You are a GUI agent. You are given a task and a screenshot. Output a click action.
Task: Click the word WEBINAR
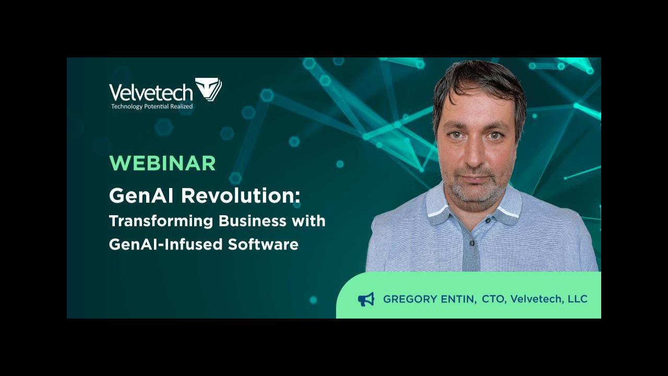pyautogui.click(x=162, y=163)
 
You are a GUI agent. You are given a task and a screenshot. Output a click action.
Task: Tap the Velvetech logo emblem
pyautogui.click(x=208, y=89)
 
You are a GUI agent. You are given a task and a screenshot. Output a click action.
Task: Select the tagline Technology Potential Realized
pyautogui.click(x=152, y=107)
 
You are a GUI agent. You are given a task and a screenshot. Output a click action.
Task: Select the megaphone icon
pyautogui.click(x=366, y=299)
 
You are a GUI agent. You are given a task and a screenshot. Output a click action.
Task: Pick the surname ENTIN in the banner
pyautogui.click(x=459, y=299)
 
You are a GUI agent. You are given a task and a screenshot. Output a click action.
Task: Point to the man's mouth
pyautogui.click(x=476, y=177)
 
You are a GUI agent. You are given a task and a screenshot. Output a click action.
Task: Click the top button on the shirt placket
pyautogui.click(x=472, y=243)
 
